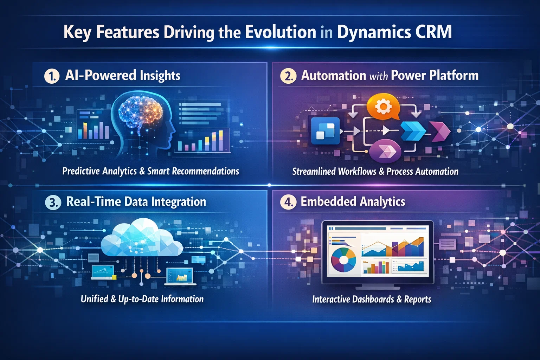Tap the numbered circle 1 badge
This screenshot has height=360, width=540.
point(52,76)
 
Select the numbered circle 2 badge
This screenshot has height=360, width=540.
point(288,76)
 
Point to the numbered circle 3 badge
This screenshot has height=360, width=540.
point(53,202)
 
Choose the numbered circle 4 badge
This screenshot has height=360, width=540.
point(288,202)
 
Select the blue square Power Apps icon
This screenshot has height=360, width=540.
point(325,131)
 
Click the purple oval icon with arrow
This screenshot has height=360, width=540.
point(385,152)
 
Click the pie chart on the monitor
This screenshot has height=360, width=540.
point(343,261)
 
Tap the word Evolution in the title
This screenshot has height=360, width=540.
point(281,32)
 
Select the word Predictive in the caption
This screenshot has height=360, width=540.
point(81,171)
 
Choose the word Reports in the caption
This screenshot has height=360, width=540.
point(418,299)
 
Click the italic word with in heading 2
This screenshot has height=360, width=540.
point(378,76)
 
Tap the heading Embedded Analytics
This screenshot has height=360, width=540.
point(353,201)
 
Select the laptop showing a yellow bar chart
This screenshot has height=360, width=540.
point(180,276)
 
